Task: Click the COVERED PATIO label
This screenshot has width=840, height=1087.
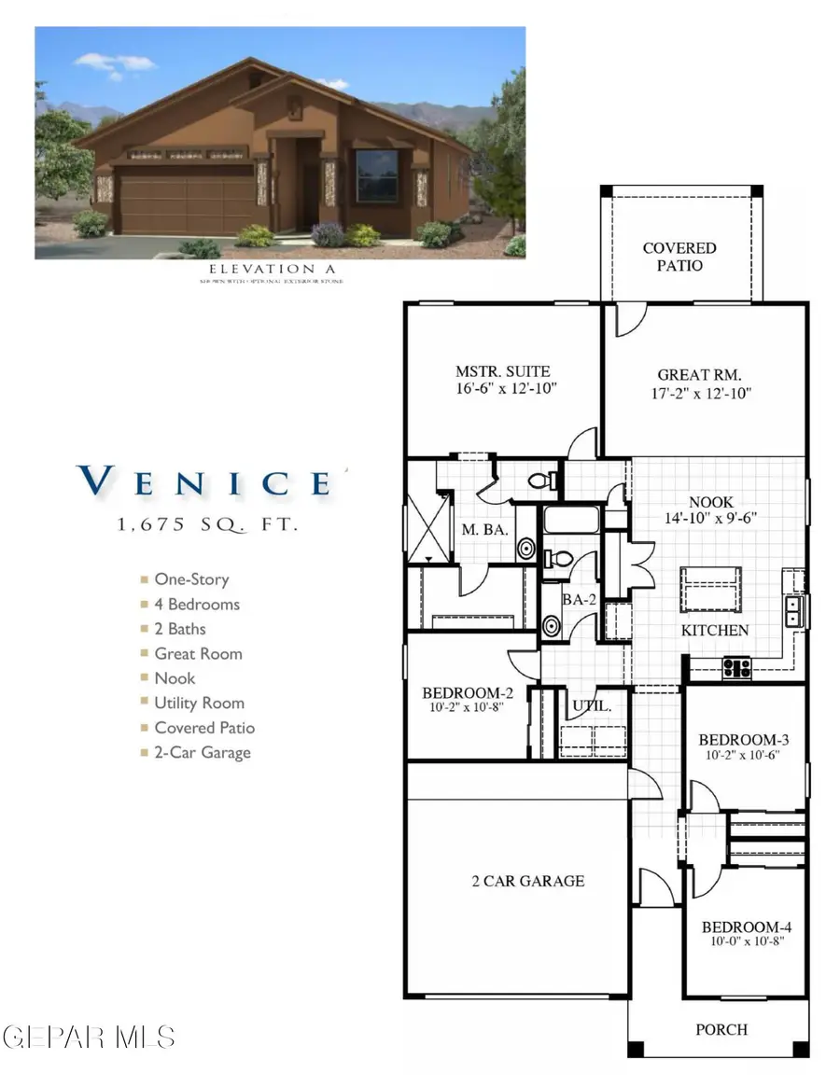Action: (679, 257)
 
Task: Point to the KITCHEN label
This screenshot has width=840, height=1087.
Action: (715, 630)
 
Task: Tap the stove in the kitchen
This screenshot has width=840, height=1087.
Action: (736, 666)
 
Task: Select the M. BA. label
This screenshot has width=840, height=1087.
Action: (483, 530)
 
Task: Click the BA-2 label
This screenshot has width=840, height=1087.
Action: (579, 600)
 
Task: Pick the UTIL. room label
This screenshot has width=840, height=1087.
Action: (593, 706)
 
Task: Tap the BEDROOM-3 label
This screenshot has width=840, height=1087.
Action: (745, 740)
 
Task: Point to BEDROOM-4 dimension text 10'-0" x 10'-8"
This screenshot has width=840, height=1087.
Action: (746, 942)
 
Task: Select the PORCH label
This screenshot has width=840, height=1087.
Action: (721, 1029)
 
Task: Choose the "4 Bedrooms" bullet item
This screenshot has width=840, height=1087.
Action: (196, 604)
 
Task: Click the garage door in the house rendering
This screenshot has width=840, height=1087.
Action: (186, 200)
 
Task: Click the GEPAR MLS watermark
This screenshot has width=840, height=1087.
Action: (89, 1036)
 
